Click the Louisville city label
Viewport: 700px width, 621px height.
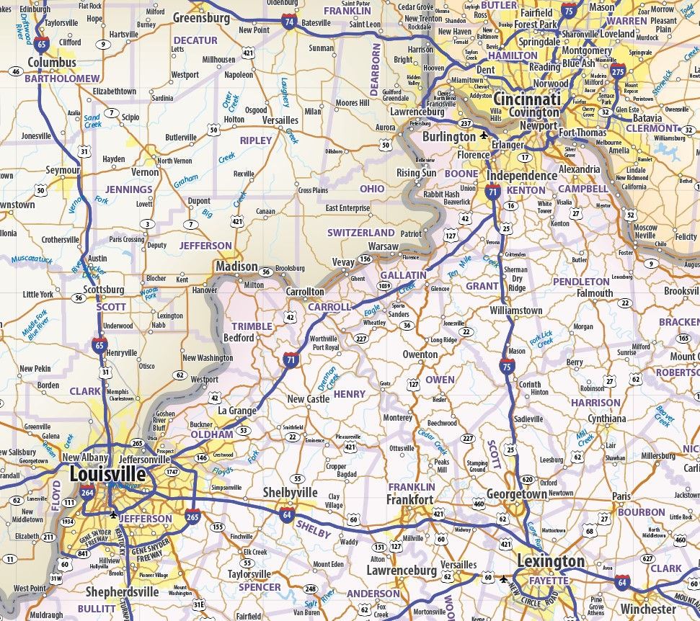[x=107, y=475]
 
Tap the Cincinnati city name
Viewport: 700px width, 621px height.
[x=527, y=99]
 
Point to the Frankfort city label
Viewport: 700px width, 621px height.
[x=409, y=500]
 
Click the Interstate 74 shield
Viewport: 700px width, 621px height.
[x=289, y=22]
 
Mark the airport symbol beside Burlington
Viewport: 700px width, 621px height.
[x=483, y=136]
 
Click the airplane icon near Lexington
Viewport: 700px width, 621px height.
[x=503, y=578]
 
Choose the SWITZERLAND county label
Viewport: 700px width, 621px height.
[x=360, y=233]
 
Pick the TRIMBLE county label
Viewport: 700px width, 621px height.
[x=252, y=326]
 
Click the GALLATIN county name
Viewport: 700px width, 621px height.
[x=403, y=275]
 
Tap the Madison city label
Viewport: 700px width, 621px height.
[x=236, y=267]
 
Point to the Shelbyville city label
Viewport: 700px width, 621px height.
[x=289, y=492]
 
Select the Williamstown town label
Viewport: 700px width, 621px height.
[x=515, y=310]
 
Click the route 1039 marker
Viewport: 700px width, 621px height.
[x=384, y=286]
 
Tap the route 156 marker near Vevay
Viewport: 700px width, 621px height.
[x=365, y=259]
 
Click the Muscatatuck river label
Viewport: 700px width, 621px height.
[x=28, y=256]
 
